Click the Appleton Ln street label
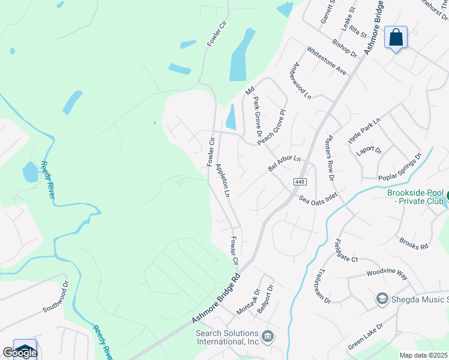pyautogui.click(x=223, y=181)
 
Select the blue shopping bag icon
pyautogui.click(x=396, y=37)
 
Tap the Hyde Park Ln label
pyautogui.click(x=364, y=131)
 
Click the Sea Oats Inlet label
pyautogui.click(x=318, y=196)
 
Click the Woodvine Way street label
pyautogui.click(x=387, y=274)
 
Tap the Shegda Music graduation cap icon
pyautogui.click(x=382, y=299)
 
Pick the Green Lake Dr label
pyautogui.click(x=366, y=340)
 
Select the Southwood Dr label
pyautogui.click(x=56, y=300)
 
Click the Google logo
pyautogui.click(x=20, y=353)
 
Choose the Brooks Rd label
pyautogui.click(x=414, y=243)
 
